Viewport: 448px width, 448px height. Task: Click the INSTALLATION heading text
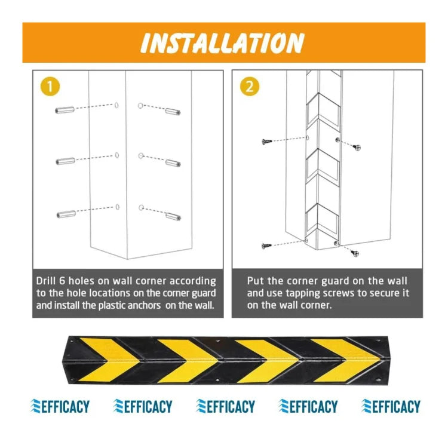coord(222,43)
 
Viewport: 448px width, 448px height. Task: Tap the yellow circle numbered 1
coord(50,86)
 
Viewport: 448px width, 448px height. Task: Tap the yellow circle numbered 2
coord(250,86)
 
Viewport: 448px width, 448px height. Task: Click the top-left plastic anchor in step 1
coord(65,110)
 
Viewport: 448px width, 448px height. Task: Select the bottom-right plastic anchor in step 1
coord(173,217)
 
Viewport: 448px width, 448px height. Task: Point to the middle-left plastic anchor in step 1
coord(66,161)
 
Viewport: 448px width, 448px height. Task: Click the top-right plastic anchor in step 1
coord(173,112)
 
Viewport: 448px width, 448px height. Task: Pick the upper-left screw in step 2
coord(266,141)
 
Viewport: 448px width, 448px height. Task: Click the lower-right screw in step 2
coord(355,253)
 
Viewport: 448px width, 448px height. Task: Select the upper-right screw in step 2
coord(357,148)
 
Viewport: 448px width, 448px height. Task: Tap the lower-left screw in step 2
coord(266,246)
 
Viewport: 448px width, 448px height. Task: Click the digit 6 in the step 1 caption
coord(62,281)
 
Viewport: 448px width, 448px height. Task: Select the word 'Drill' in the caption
coord(46,281)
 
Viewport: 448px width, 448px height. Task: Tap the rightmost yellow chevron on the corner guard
coord(345,361)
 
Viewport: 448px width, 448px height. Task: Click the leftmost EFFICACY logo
coord(60,406)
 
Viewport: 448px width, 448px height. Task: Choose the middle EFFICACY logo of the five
coord(225,406)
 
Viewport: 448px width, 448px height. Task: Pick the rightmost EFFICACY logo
coord(391,406)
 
